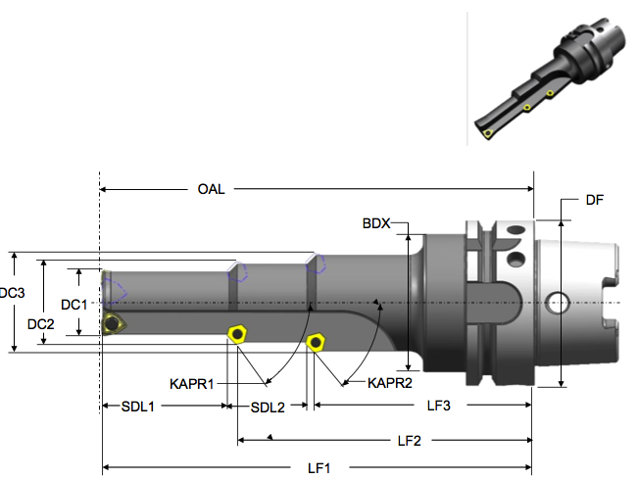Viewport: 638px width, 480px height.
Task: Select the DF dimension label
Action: [x=594, y=200]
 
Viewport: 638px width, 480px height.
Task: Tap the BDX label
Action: [x=376, y=224]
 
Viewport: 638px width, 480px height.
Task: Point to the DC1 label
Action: [x=74, y=305]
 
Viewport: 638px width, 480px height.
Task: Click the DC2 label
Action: [x=40, y=324]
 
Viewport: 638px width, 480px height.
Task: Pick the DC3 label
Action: [x=12, y=293]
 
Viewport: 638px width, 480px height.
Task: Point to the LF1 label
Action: [x=319, y=469]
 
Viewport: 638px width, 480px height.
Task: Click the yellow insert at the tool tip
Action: [x=113, y=324]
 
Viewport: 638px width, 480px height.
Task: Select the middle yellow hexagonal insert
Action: [x=236, y=333]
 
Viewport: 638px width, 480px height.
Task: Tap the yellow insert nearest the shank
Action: [x=315, y=341]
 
